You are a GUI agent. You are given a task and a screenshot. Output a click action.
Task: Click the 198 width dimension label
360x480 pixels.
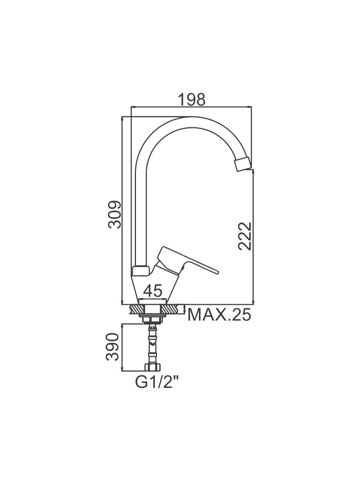tap(192, 100)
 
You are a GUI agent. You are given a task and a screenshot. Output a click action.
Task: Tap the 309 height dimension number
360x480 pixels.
tap(114, 215)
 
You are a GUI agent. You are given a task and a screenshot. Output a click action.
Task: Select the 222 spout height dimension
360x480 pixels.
tap(245, 236)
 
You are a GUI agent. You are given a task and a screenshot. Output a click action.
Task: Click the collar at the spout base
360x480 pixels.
tap(140, 271)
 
